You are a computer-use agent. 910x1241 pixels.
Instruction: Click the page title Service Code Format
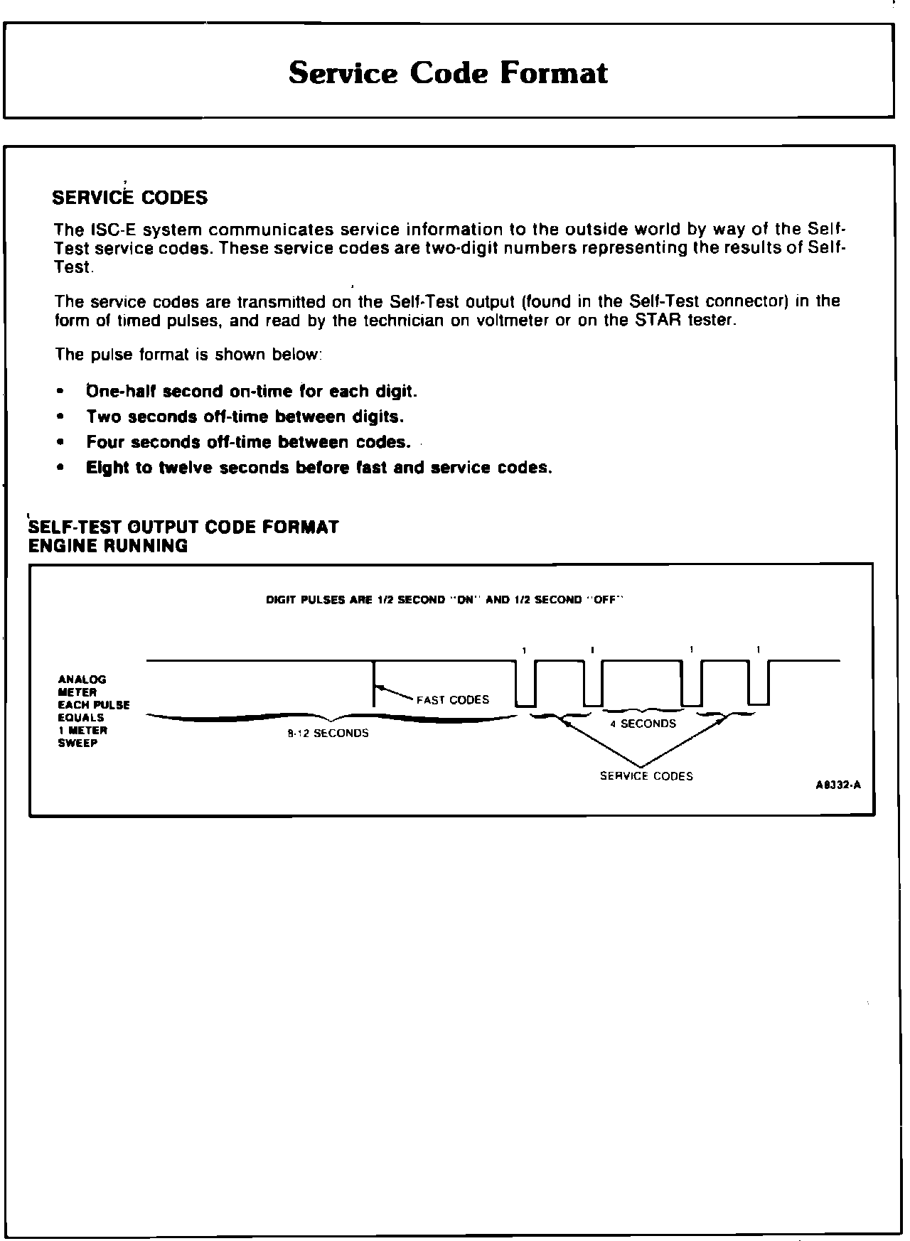pos(449,73)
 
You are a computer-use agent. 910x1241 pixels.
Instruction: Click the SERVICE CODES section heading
pos(130,198)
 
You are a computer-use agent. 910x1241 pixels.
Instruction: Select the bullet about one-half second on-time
pos(252,392)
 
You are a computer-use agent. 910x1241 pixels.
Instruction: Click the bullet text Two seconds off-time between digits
pos(245,417)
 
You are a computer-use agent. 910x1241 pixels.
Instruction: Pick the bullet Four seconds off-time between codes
pos(249,442)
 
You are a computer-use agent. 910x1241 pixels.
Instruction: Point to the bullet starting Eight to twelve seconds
pos(319,468)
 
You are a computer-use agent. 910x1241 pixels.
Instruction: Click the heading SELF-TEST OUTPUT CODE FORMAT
pos(183,527)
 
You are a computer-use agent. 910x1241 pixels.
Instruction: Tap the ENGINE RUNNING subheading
pos(108,546)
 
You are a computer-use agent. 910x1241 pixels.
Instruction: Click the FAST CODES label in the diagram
pos(453,699)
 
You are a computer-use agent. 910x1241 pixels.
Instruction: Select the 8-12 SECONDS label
pos(328,734)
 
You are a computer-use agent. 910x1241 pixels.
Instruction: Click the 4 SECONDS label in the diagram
pos(643,724)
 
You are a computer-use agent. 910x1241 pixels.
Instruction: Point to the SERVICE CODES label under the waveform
pos(646,776)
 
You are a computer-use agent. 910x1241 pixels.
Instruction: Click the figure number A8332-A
pos(838,785)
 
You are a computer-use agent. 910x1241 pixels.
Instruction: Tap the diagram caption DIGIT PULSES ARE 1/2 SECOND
pos(444,600)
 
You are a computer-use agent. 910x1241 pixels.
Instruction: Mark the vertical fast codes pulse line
pos(375,684)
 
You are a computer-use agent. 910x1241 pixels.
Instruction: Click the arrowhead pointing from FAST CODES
pos(381,687)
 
